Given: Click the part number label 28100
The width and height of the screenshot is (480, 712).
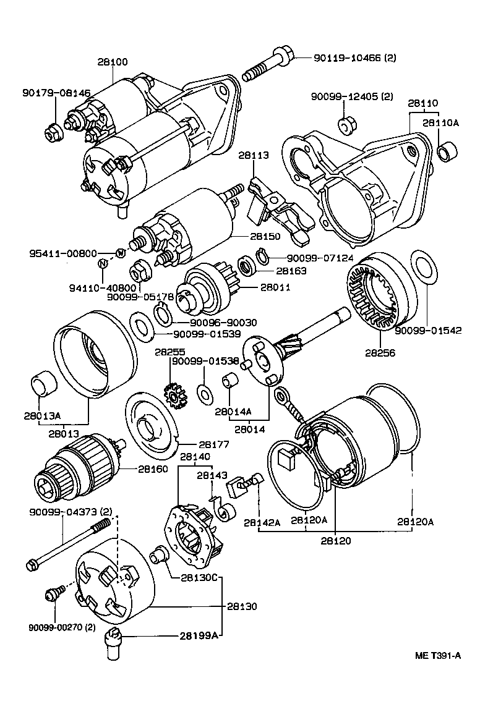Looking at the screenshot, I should [112, 62].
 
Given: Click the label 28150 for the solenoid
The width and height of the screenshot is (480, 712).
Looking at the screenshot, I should [265, 236].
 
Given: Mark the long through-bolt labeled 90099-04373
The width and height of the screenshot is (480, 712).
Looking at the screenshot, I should [68, 545].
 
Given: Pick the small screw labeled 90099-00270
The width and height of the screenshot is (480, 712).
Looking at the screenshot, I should [53, 595].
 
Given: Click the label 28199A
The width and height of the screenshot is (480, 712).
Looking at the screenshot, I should [199, 635].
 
